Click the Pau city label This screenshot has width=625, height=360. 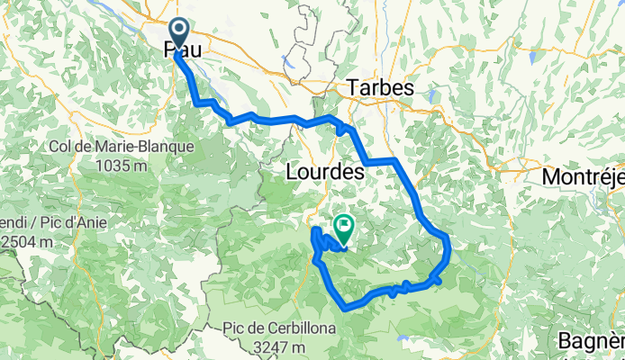coord(182,52)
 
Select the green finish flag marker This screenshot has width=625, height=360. coord(343,225)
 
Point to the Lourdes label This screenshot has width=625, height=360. coord(323,170)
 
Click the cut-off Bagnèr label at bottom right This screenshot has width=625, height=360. coord(591,342)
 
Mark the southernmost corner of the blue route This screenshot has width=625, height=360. coord(346,309)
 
